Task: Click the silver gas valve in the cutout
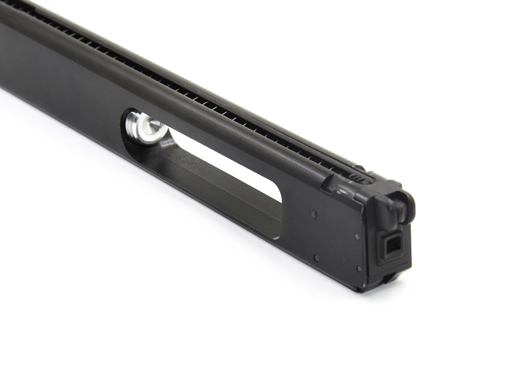143,125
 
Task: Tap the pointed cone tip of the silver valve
150,124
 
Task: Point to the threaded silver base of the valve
132,119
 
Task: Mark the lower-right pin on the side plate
358,268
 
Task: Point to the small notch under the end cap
387,278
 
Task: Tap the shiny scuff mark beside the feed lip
341,189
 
